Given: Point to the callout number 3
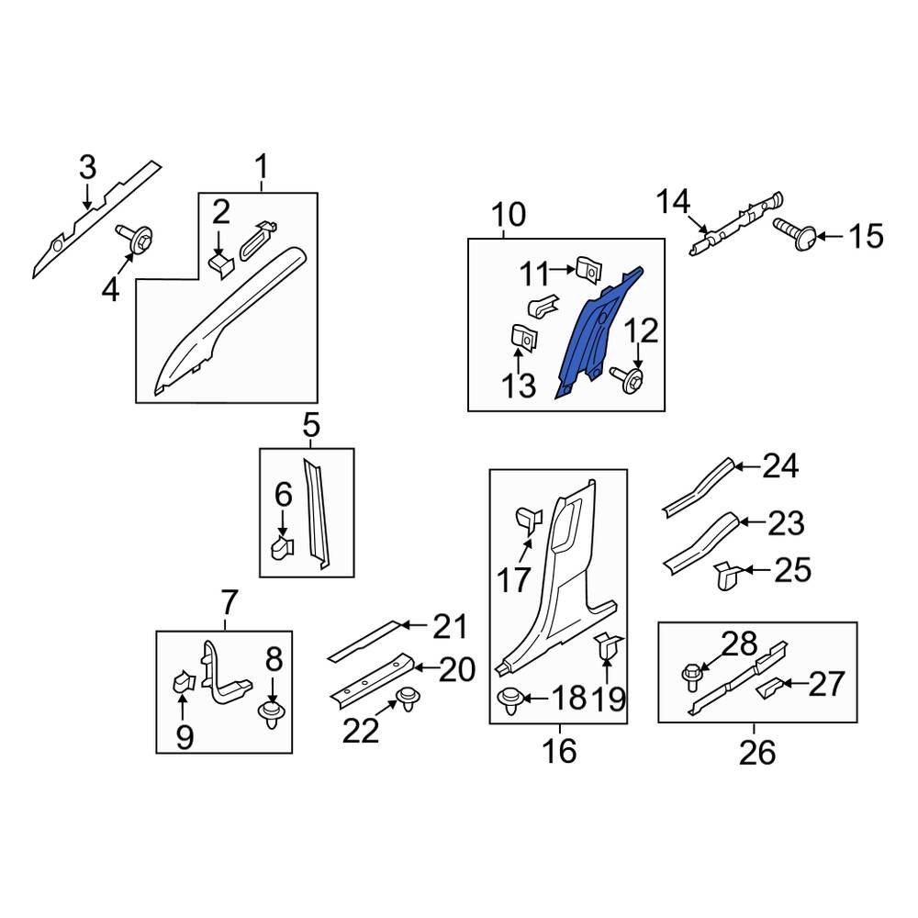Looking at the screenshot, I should click(86, 168).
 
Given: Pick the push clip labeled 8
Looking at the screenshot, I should click(270, 712).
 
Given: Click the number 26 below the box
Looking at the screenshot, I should click(757, 753).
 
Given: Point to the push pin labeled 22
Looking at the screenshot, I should click(403, 700).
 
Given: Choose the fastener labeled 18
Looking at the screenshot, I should click(512, 701).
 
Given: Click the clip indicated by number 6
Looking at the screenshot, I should click(281, 548).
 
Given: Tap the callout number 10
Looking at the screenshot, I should click(509, 216).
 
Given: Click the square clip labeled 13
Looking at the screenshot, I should click(522, 339).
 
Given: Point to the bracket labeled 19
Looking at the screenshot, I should click(609, 648).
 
